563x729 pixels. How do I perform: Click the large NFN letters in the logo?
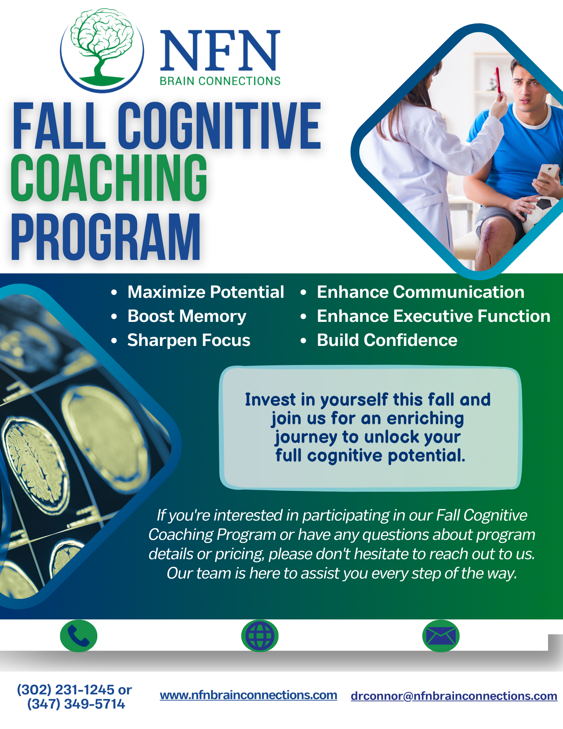[220, 50]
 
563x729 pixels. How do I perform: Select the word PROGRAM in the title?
[106, 237]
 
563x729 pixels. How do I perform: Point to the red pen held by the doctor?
[498, 81]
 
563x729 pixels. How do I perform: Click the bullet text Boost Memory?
[187, 316]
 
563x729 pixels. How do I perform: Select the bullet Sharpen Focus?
[189, 340]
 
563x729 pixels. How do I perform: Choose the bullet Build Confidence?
[387, 340]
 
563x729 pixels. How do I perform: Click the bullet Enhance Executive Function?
[434, 316]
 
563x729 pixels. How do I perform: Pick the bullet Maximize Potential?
[206, 292]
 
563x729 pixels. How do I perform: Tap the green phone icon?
[79, 636]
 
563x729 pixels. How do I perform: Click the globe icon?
[260, 636]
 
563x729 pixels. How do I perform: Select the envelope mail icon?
[441, 636]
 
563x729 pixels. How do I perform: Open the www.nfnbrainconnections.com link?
[249, 695]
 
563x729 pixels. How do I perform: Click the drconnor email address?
[454, 696]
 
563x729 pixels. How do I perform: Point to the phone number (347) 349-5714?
[76, 704]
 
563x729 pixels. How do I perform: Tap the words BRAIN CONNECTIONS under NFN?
[220, 81]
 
